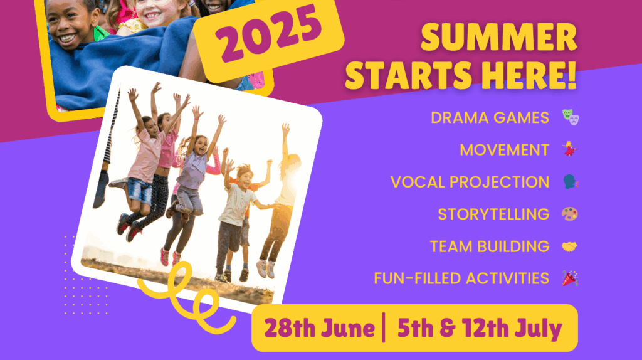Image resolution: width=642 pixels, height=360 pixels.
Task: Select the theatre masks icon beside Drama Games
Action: (x=571, y=117)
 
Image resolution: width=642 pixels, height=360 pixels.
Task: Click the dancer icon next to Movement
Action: (x=569, y=149)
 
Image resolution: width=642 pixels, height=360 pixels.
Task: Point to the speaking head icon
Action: (x=571, y=181)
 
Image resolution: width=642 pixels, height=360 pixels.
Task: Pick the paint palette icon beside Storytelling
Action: (x=569, y=214)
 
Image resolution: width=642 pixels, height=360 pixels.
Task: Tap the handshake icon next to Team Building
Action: (x=569, y=246)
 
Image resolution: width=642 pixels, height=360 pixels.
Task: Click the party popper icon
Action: (x=569, y=278)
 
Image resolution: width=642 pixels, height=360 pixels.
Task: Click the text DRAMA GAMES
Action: (x=490, y=117)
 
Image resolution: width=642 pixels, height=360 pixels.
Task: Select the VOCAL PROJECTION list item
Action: (x=470, y=182)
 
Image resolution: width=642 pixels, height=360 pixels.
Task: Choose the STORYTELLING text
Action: (x=493, y=214)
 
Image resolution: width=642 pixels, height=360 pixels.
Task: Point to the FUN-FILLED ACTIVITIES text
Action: (x=461, y=278)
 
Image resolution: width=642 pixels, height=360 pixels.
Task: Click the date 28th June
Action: (x=319, y=329)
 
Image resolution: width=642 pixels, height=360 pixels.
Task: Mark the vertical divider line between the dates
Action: (x=384, y=327)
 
